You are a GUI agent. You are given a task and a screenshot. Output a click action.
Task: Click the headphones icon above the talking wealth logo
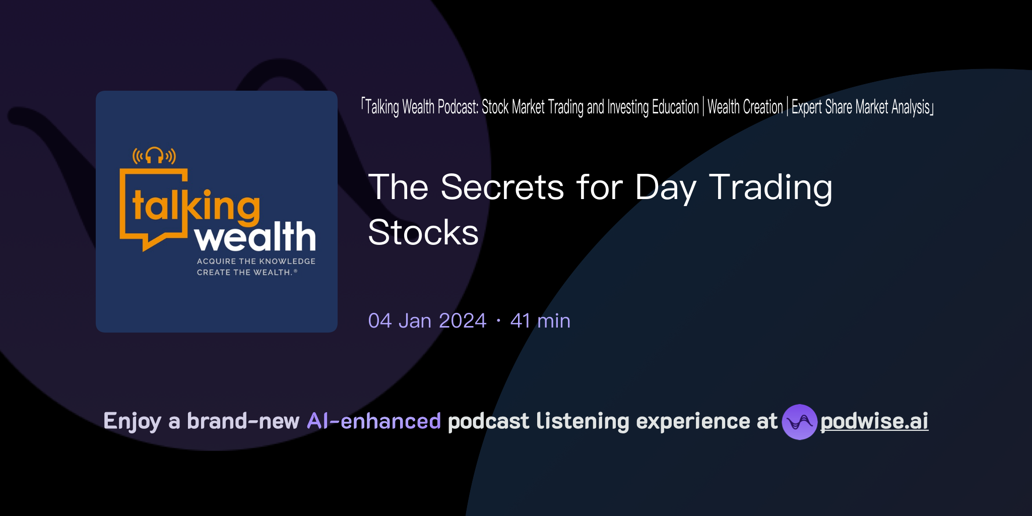coord(154,155)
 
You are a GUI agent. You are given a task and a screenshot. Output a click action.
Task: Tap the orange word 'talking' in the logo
coord(196,206)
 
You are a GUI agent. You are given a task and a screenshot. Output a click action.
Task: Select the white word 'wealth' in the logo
coord(255,237)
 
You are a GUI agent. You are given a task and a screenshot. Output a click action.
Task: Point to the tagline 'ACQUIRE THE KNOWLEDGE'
coord(256,261)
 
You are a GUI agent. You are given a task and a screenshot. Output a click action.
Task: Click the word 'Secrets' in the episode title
coord(502,187)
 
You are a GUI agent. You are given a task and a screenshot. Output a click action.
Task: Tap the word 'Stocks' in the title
coord(423,233)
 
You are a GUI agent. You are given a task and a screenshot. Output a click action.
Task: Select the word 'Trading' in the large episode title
coord(770,187)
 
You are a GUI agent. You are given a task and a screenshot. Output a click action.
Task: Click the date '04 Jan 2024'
coord(427,321)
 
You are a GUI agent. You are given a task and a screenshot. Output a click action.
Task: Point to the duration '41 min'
coord(540,321)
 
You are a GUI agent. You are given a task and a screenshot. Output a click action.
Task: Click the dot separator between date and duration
coord(498,321)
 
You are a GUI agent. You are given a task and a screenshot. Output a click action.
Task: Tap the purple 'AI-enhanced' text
coord(374,421)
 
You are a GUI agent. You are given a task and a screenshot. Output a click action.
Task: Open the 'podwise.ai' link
coord(874,421)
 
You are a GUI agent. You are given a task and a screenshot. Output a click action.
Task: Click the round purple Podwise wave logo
coord(799,422)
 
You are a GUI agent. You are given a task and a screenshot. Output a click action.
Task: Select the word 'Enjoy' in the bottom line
coord(132,421)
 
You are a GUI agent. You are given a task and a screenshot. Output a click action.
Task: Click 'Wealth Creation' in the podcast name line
coord(745,107)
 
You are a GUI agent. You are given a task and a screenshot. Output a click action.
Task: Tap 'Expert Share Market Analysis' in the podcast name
coord(861,107)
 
